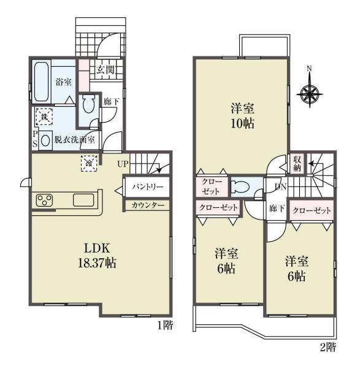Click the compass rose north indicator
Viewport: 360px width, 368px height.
pyautogui.click(x=309, y=87)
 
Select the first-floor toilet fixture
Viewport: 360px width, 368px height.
pyautogui.click(x=88, y=104)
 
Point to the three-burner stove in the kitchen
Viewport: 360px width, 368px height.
pyautogui.click(x=44, y=201)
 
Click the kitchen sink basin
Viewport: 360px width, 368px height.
pyautogui.click(x=83, y=201)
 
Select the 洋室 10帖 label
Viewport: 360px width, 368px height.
pyautogui.click(x=242, y=116)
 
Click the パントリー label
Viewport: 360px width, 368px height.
pyautogui.click(x=147, y=187)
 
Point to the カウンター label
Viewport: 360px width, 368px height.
pyautogui.click(x=148, y=205)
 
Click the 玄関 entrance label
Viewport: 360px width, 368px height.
pyautogui.click(x=105, y=70)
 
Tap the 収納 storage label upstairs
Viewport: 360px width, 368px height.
pyautogui.click(x=297, y=164)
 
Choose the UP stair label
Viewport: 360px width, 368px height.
pyautogui.click(x=123, y=164)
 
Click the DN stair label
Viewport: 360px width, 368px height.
pyautogui.click(x=280, y=187)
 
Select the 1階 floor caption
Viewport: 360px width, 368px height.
pyautogui.click(x=165, y=325)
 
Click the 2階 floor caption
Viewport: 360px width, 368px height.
pyautogui.click(x=328, y=347)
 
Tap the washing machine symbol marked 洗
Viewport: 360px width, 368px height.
pyautogui.click(x=44, y=116)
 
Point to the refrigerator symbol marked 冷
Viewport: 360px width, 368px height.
pyautogui.click(x=89, y=163)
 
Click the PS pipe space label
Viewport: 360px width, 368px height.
pyautogui.click(x=35, y=139)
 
